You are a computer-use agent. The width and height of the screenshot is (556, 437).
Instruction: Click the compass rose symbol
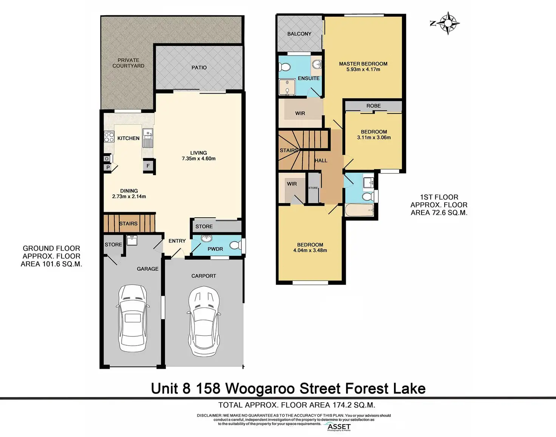pyautogui.click(x=448, y=23)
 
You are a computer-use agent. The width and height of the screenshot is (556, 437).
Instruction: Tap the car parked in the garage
pyautogui.click(x=132, y=318)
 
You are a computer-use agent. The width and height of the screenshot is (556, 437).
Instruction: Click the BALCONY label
pyautogui.click(x=299, y=34)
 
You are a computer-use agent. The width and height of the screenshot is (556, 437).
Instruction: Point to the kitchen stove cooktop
pyautogui.click(x=109, y=137)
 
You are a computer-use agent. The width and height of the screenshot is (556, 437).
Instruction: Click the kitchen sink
pyautogui.click(x=148, y=138)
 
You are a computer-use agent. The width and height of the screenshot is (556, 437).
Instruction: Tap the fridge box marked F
pyautogui.click(x=148, y=166)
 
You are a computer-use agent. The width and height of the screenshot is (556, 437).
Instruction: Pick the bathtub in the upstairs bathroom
pyautogui.click(x=360, y=210)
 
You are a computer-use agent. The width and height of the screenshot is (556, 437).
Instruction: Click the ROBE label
pyautogui.click(x=373, y=106)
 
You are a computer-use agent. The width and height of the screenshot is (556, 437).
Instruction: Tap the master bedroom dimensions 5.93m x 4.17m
pyautogui.click(x=363, y=69)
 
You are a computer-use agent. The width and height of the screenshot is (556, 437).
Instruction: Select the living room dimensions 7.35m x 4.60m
pyautogui.click(x=198, y=158)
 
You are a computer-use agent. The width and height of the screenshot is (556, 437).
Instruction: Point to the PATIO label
pyautogui.click(x=199, y=68)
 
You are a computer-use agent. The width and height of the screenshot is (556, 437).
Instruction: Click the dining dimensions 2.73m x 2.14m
pyautogui.click(x=129, y=197)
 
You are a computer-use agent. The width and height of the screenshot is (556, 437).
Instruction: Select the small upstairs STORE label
pyautogui.click(x=313, y=188)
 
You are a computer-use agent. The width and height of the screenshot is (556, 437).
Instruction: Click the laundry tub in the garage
pyautogui.click(x=132, y=240)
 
